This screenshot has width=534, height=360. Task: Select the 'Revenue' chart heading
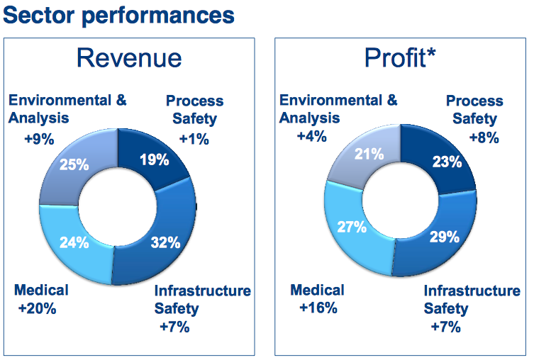coord(128,57)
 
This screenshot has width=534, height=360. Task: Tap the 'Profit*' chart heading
coord(400,58)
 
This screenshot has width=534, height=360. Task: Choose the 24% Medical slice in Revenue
coord(74,242)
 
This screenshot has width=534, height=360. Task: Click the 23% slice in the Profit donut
coord(447,162)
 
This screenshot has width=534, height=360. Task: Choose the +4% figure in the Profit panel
coord(313,137)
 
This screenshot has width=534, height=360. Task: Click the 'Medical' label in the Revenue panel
coord(41,291)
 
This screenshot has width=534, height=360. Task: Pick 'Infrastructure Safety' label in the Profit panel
coord(471,299)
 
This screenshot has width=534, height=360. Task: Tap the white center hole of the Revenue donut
coord(117,206)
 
